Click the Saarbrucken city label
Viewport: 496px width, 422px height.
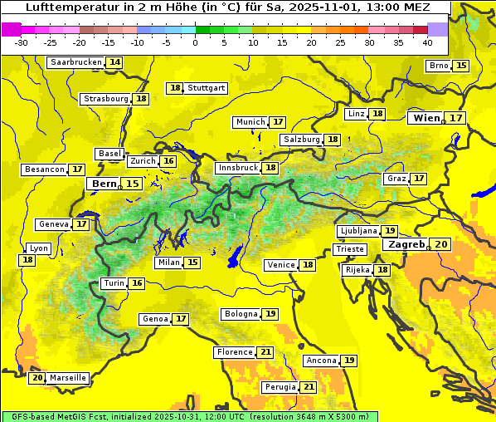[x=76, y=62]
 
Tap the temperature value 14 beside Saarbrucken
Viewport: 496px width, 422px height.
[x=114, y=62]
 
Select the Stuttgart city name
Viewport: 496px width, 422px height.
[x=207, y=87]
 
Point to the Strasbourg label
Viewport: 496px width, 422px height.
[x=106, y=99]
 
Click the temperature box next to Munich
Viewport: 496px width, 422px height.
[x=278, y=122]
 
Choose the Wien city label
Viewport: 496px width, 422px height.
[x=427, y=118]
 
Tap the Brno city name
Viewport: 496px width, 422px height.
[x=438, y=66]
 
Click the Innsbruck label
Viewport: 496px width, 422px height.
[x=237, y=168]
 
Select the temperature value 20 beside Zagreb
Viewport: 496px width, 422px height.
[x=440, y=244]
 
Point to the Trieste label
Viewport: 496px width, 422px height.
[x=349, y=249]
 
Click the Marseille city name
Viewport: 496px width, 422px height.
[x=67, y=378]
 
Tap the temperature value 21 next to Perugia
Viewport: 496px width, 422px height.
[x=309, y=387]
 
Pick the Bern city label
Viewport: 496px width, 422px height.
[x=105, y=184]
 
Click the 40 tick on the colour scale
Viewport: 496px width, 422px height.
[x=427, y=42]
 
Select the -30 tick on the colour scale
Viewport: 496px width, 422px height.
[x=22, y=42]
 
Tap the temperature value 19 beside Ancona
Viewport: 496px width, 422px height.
[x=349, y=361]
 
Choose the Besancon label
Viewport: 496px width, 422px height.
[x=45, y=169]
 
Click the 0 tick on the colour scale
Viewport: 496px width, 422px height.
[x=196, y=42]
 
